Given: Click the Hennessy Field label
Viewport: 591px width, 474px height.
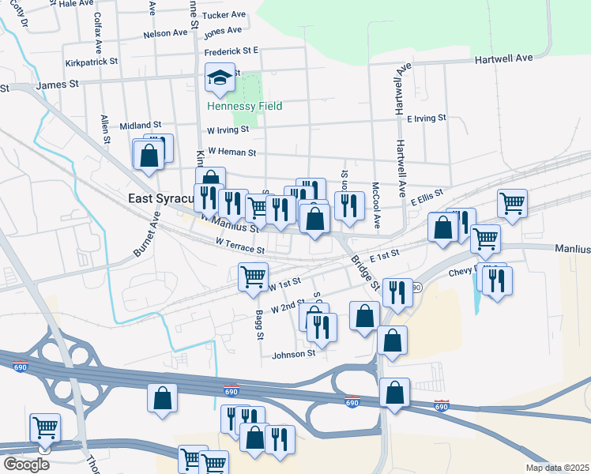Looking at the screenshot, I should [x=244, y=106].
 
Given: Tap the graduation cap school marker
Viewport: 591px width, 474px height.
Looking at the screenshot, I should [x=220, y=78].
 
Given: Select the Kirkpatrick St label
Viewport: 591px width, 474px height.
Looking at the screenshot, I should [x=92, y=61].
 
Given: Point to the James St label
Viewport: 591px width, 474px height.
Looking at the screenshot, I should [x=58, y=84].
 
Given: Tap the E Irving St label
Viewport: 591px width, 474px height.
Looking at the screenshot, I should [x=427, y=118].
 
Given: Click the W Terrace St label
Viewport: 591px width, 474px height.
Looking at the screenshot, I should [x=239, y=248].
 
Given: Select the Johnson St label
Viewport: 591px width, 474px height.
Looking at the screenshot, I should [x=294, y=354].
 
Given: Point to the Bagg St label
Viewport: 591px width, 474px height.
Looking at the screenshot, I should [x=258, y=325].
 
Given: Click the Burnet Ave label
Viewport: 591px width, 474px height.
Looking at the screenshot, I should [x=147, y=233].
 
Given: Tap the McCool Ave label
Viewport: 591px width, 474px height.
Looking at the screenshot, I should [x=376, y=206].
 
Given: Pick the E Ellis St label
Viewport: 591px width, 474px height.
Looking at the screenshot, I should [x=427, y=197].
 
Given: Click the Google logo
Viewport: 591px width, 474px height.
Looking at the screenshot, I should [x=26, y=465].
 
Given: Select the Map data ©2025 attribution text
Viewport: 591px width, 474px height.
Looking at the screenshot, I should [x=557, y=468].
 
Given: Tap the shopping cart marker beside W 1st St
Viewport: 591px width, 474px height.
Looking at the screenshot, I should [x=253, y=277].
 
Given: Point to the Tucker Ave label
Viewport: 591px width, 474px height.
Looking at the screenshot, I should [x=224, y=15].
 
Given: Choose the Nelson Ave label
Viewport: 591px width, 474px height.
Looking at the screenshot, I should [x=165, y=34].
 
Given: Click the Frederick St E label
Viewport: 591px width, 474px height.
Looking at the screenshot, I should [x=232, y=51].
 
